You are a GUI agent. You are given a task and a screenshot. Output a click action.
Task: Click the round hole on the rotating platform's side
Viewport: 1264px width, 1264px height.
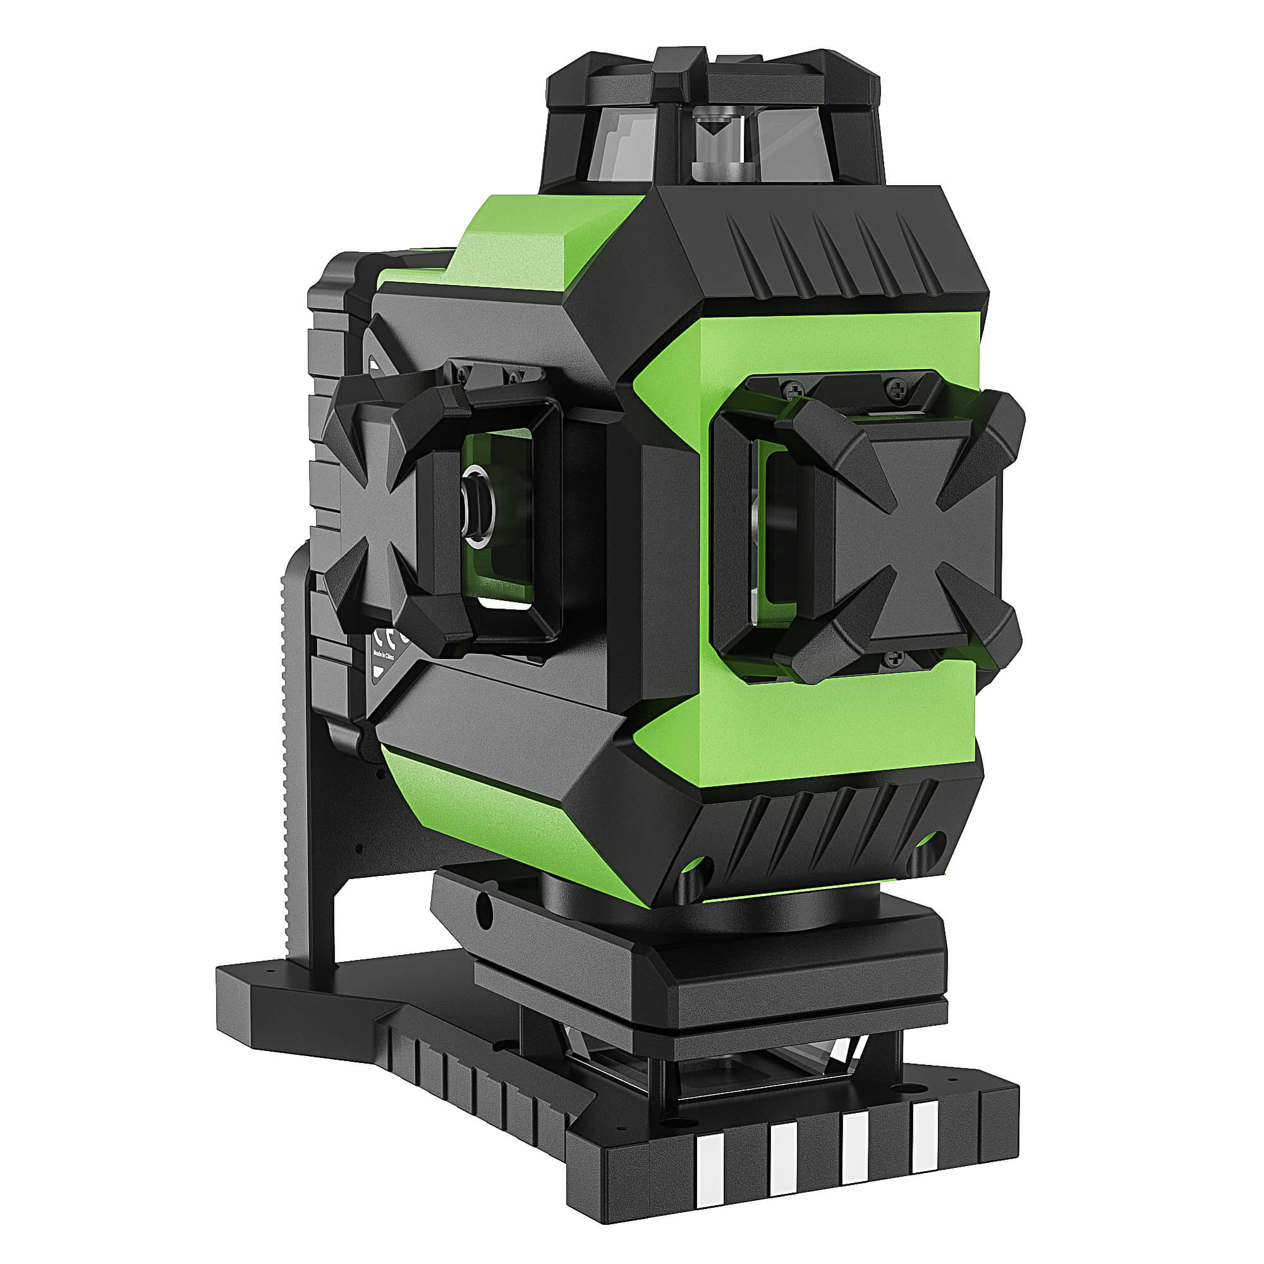483,908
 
